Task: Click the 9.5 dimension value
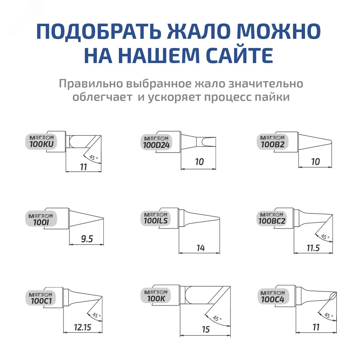pos(87,239)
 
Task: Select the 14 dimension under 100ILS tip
pos(200,248)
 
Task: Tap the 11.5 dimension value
pos(313,248)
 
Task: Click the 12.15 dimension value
pos(83,327)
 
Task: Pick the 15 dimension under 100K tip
pos(206,330)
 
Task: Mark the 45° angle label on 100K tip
pos(217,318)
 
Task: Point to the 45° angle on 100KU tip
pos(94,158)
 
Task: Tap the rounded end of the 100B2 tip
pos(331,142)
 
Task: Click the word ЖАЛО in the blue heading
pos(199,31)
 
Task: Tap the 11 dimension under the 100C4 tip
pos(316,327)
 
